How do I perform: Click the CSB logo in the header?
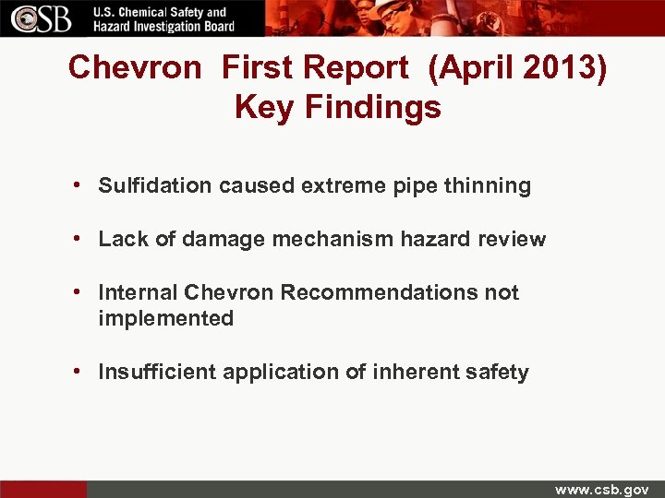(x=42, y=18)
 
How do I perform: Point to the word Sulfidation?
(x=155, y=185)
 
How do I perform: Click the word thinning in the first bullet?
(x=487, y=185)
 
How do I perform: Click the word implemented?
(x=165, y=318)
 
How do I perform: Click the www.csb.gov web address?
(x=601, y=489)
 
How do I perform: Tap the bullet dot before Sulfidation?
(x=82, y=185)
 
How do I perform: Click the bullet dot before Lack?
(x=82, y=239)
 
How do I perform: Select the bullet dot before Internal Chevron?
(x=82, y=292)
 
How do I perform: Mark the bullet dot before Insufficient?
(x=82, y=372)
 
